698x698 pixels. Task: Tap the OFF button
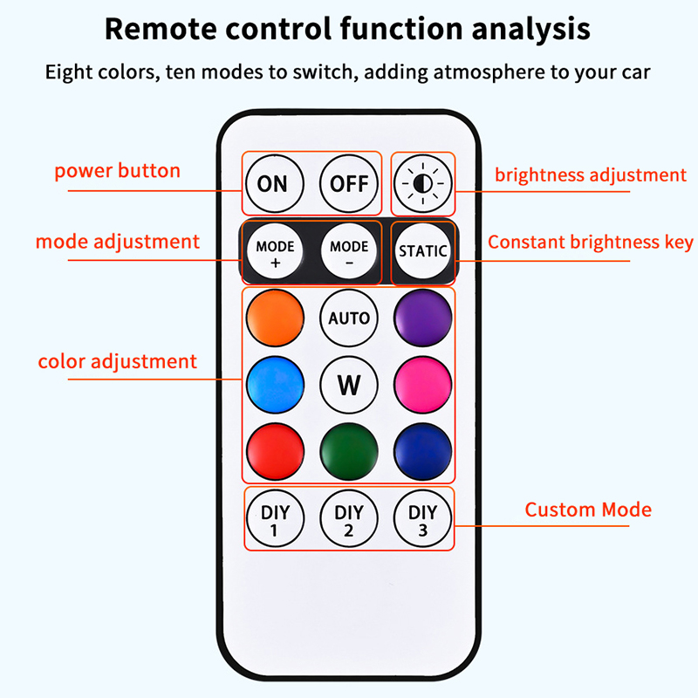[x=349, y=184]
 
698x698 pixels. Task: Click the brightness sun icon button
[x=422, y=184]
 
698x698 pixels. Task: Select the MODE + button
[x=275, y=252]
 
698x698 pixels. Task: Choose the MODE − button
[x=349, y=252]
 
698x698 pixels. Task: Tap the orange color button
[x=275, y=318]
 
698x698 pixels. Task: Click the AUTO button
[x=349, y=318]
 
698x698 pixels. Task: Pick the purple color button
[x=422, y=318]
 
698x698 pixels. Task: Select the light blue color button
[x=275, y=384]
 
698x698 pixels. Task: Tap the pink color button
[x=422, y=384]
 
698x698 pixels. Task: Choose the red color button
[x=275, y=449]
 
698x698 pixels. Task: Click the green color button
[x=349, y=449]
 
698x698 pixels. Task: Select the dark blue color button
[x=422, y=449]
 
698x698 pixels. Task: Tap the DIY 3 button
[x=422, y=518]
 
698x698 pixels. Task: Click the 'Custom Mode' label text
[x=587, y=510]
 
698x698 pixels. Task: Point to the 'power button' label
[x=117, y=170]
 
